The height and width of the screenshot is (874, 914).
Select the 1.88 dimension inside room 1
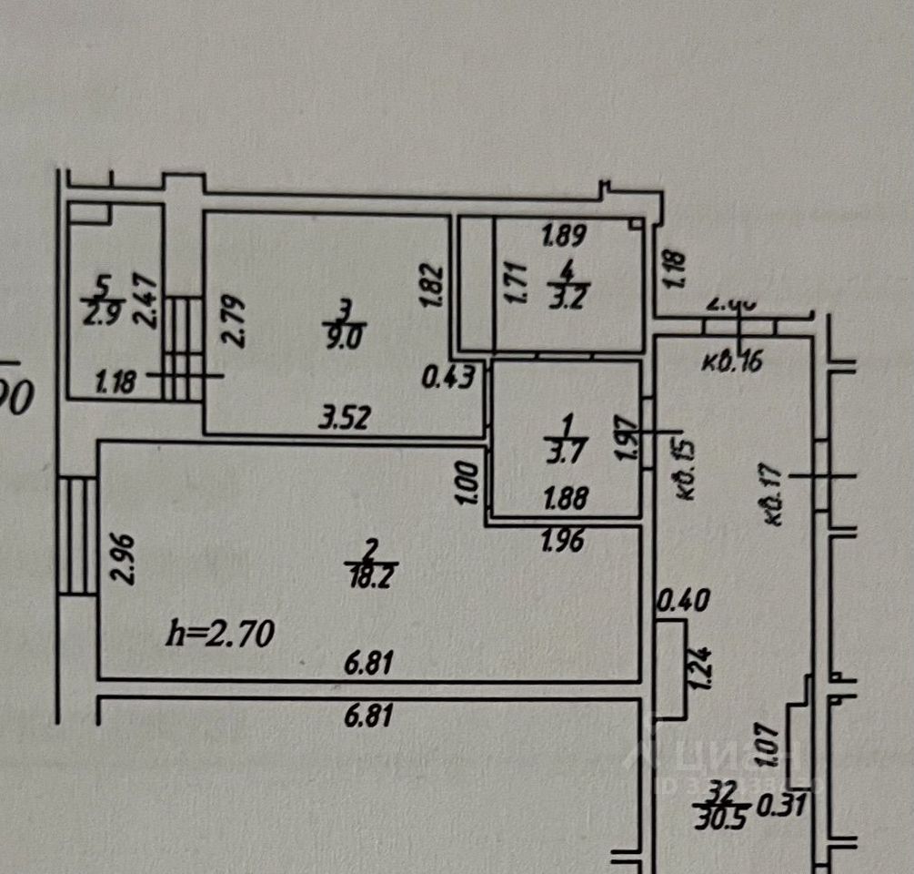(565, 498)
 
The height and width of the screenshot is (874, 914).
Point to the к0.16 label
(732, 362)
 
